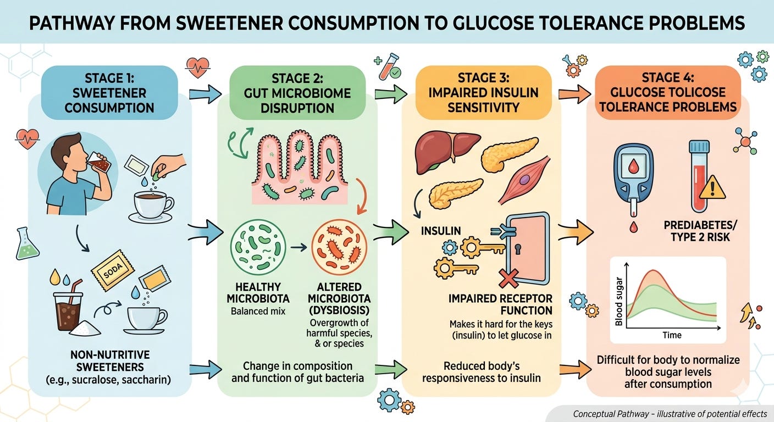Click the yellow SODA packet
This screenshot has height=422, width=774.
pos(113,270)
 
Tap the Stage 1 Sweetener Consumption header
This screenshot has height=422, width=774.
pos(109,92)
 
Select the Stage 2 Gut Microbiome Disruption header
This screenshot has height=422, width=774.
pos(298,92)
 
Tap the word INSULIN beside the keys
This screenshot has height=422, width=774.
pos(434,230)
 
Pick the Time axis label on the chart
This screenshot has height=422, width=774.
pos(672,335)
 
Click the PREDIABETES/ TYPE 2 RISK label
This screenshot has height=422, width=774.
pos(694,231)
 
